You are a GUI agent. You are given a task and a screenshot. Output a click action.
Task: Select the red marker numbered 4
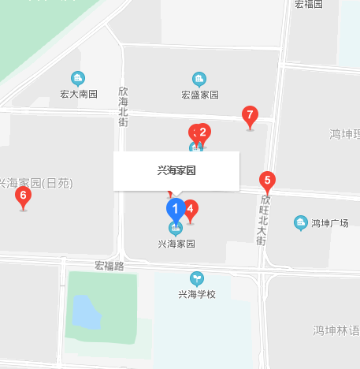point(190,210)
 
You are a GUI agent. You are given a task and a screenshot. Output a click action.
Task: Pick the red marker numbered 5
point(267,181)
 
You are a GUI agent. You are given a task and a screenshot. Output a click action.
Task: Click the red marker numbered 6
point(23,196)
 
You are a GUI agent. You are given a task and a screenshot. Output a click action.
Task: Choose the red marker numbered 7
point(250,115)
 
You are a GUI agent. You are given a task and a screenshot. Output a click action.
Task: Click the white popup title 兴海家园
point(176,170)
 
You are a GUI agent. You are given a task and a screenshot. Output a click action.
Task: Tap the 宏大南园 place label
point(78,95)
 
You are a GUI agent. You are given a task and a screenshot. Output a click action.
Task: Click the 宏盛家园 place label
point(199,95)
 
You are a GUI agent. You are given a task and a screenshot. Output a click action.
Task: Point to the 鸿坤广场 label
point(329,223)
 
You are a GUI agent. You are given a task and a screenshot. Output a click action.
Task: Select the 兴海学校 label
point(196,294)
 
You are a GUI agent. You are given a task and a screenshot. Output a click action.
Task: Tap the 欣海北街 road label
point(123,106)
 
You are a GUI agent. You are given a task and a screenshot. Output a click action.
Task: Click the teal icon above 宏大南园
point(77,78)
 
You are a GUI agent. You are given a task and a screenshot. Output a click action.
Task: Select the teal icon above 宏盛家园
point(199,78)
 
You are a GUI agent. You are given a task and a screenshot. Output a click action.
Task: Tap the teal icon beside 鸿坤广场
point(299,223)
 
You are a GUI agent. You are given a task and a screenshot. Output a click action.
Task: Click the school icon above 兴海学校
point(196,278)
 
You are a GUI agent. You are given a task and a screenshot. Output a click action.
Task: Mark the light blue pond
point(87,313)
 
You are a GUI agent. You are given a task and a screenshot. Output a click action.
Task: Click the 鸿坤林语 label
point(336,330)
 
